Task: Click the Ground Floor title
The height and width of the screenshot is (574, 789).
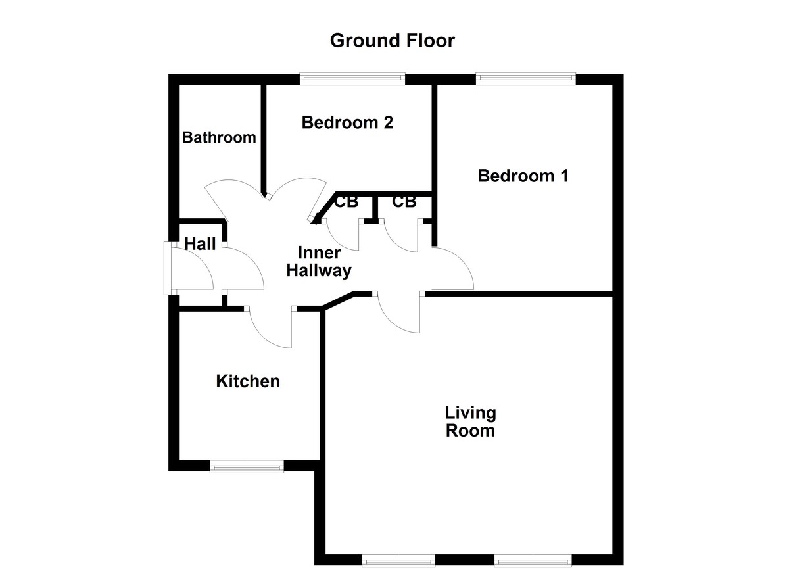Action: (392, 41)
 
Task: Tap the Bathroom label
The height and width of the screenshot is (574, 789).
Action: (219, 137)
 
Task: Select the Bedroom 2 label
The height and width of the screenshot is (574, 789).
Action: (347, 122)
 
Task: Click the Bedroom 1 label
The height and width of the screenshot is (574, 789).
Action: (523, 176)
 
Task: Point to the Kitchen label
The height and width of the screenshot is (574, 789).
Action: (248, 381)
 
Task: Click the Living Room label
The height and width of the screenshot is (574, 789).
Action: (470, 422)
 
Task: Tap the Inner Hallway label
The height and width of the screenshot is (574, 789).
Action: (320, 262)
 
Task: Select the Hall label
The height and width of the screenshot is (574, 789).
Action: (200, 244)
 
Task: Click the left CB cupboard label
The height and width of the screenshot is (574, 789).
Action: (346, 202)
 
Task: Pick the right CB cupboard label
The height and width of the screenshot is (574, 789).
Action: (404, 202)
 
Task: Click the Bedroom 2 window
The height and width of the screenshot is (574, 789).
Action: (352, 79)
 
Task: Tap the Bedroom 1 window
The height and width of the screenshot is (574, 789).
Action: (526, 79)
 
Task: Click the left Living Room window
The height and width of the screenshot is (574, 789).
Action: (398, 561)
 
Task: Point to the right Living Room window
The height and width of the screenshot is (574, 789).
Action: (533, 561)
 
